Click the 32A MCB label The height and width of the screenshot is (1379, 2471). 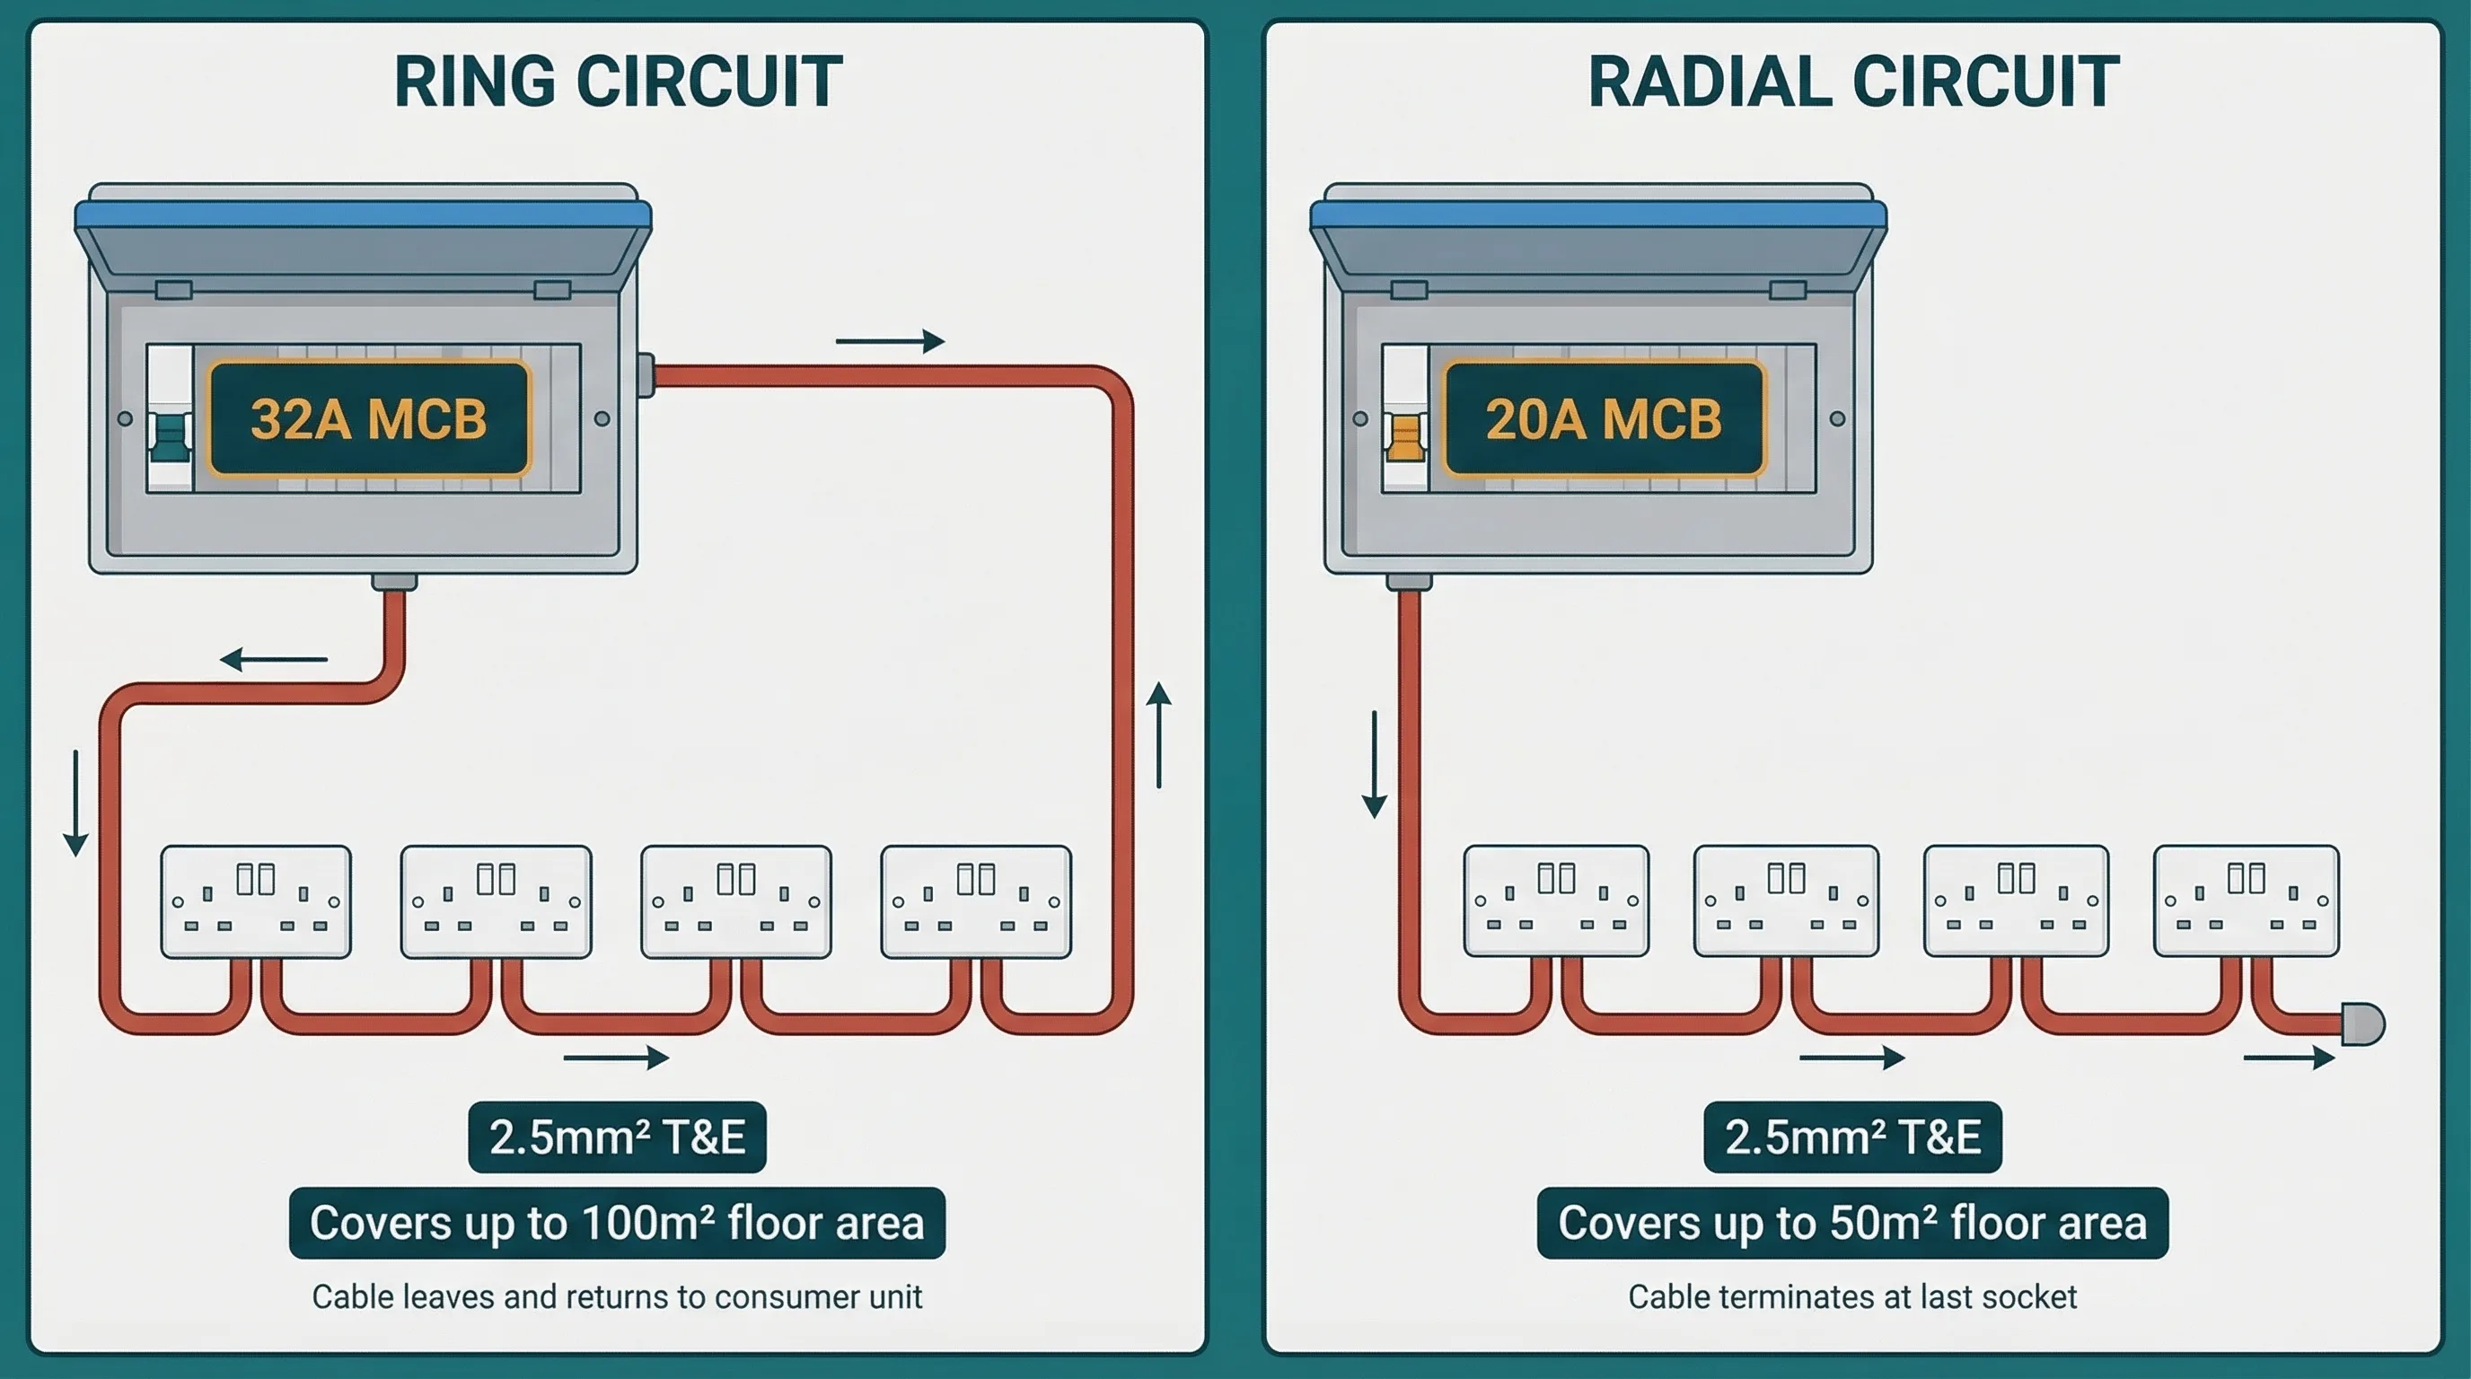[369, 419]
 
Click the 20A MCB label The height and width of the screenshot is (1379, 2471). [1604, 419]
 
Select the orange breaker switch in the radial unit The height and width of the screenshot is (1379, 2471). [1403, 437]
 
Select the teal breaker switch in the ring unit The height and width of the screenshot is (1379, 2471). [170, 437]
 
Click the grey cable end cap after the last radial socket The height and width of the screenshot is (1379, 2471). [2361, 1024]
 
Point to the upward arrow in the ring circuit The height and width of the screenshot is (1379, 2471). [1160, 734]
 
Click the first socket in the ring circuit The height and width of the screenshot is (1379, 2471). [256, 901]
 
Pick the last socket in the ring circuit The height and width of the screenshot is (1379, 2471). [975, 901]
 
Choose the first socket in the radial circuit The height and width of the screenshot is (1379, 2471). [1556, 900]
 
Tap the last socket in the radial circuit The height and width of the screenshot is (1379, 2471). [2246, 900]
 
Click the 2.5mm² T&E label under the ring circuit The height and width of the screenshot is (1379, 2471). [617, 1137]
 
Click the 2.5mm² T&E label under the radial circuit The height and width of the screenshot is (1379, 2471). [1852, 1137]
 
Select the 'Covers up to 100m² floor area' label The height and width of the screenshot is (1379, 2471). [617, 1224]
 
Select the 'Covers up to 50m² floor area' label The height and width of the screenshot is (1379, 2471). [1852, 1224]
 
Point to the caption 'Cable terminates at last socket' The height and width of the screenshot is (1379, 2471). [1852, 1297]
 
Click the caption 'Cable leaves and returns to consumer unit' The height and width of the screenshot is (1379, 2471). [617, 1297]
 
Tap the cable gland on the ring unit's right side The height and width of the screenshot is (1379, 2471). [646, 375]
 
